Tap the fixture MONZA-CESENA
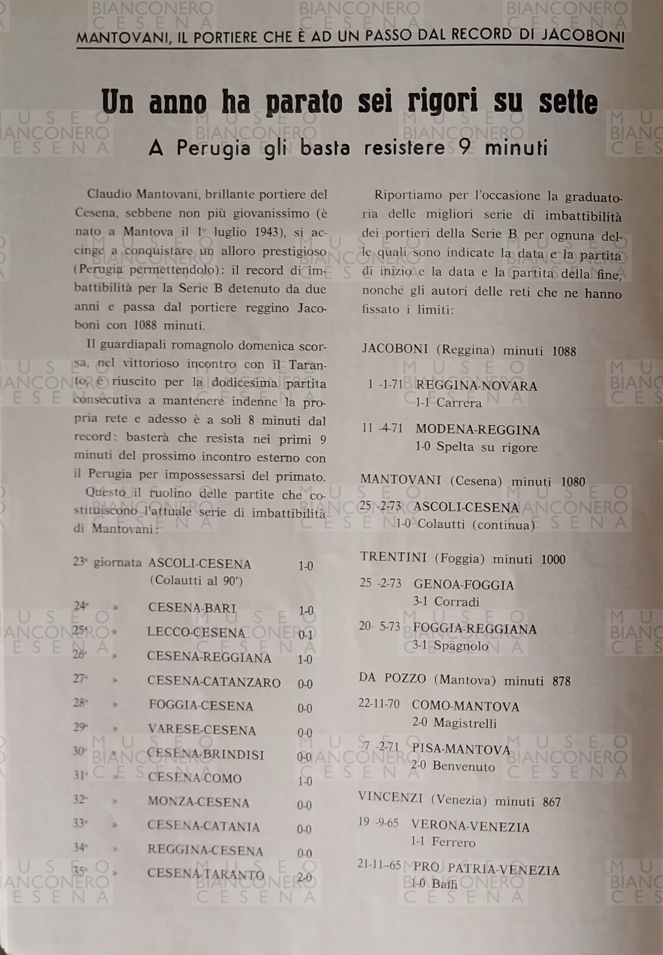(198, 802)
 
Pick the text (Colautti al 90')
(196, 581)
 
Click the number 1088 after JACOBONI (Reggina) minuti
(564, 351)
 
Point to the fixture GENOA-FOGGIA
(464, 585)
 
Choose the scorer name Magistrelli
(465, 723)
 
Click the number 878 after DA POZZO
(561, 681)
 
